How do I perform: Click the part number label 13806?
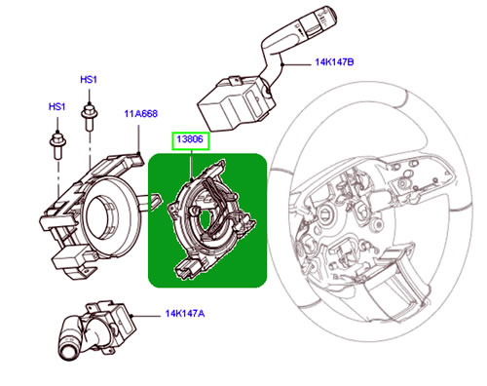coord(189,140)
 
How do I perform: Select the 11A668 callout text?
coord(140,114)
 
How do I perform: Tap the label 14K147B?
coord(333,61)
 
